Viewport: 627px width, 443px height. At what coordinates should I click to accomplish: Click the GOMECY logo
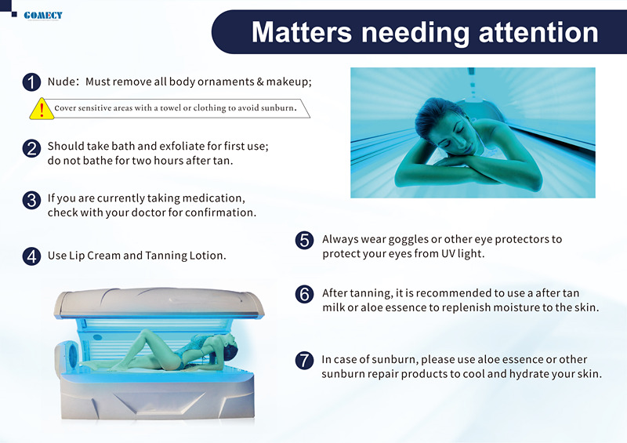(43, 16)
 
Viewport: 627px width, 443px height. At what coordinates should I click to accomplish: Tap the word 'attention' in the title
(538, 32)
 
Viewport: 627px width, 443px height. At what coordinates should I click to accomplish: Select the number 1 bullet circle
(31, 82)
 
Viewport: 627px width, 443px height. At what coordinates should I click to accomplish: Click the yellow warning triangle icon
(42, 108)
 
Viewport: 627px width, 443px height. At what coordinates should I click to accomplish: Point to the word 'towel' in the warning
(171, 107)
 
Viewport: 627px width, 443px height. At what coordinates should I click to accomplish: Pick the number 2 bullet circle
(31, 148)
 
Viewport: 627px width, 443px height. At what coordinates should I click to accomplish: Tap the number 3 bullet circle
(31, 200)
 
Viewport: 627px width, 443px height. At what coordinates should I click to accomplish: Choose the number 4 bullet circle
(31, 256)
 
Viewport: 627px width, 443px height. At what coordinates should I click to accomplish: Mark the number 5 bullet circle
(304, 240)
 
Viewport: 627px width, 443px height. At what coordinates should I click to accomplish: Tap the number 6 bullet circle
(304, 294)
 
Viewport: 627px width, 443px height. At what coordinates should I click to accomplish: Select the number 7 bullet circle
(304, 360)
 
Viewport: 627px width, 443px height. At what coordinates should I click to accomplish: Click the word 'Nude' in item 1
(60, 82)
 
